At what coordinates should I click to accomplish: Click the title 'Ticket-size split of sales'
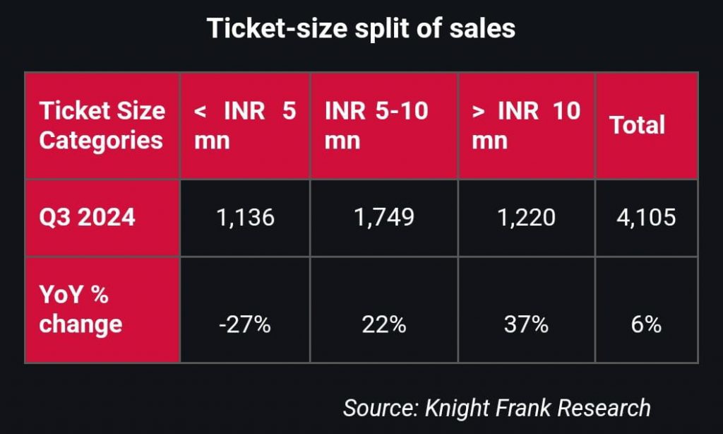point(361,28)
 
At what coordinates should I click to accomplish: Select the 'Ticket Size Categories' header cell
point(102,125)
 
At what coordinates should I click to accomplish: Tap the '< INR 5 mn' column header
point(245,125)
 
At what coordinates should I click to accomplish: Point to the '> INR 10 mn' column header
point(526,125)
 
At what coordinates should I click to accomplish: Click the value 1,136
point(245,217)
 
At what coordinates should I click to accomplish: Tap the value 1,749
point(384,217)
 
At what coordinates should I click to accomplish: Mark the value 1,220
point(527,217)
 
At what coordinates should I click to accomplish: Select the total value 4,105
point(646,217)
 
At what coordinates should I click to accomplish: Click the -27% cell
point(245,324)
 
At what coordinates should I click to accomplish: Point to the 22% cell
point(384,324)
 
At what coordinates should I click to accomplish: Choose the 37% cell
point(526,324)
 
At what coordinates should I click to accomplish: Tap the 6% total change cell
point(647,324)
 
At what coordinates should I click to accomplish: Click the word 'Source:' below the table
point(381,408)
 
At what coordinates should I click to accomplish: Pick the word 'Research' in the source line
point(604,408)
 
